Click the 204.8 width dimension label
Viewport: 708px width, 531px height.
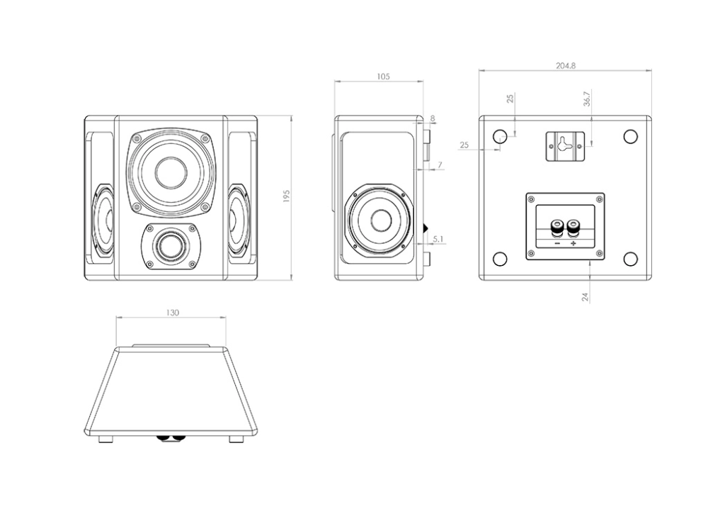tap(565, 66)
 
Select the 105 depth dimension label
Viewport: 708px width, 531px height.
tap(383, 77)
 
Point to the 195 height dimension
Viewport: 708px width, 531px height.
tap(286, 196)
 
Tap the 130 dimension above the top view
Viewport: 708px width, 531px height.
tap(173, 313)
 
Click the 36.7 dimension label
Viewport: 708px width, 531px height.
tap(586, 99)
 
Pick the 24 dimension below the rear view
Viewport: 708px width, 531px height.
tap(586, 297)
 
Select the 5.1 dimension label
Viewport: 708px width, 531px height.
tap(438, 239)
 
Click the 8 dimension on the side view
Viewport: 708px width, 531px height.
tap(433, 118)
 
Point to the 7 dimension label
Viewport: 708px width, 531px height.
tap(440, 165)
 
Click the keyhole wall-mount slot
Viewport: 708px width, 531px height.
tap(565, 145)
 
